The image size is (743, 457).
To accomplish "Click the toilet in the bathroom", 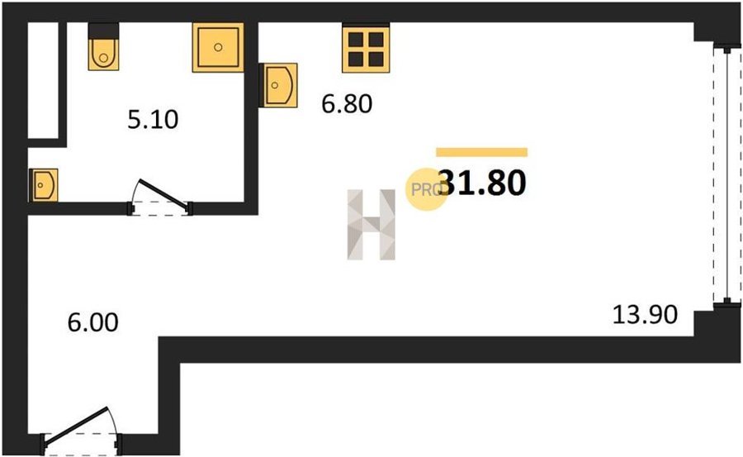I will [x=103, y=51].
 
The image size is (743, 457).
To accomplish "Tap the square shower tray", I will [x=218, y=47].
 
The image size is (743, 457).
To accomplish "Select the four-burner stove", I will [x=364, y=49].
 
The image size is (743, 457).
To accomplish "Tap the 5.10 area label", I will [x=153, y=121].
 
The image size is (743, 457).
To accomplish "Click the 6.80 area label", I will [x=346, y=104].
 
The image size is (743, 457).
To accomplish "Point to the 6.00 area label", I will [x=92, y=321].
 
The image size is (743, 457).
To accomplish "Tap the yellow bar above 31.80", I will [x=481, y=151].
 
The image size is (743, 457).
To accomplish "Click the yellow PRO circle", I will [x=426, y=188].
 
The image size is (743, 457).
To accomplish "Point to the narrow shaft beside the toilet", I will [x=45, y=80].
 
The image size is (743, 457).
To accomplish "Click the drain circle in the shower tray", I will [x=218, y=47].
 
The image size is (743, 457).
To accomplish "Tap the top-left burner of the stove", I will [x=356, y=40].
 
